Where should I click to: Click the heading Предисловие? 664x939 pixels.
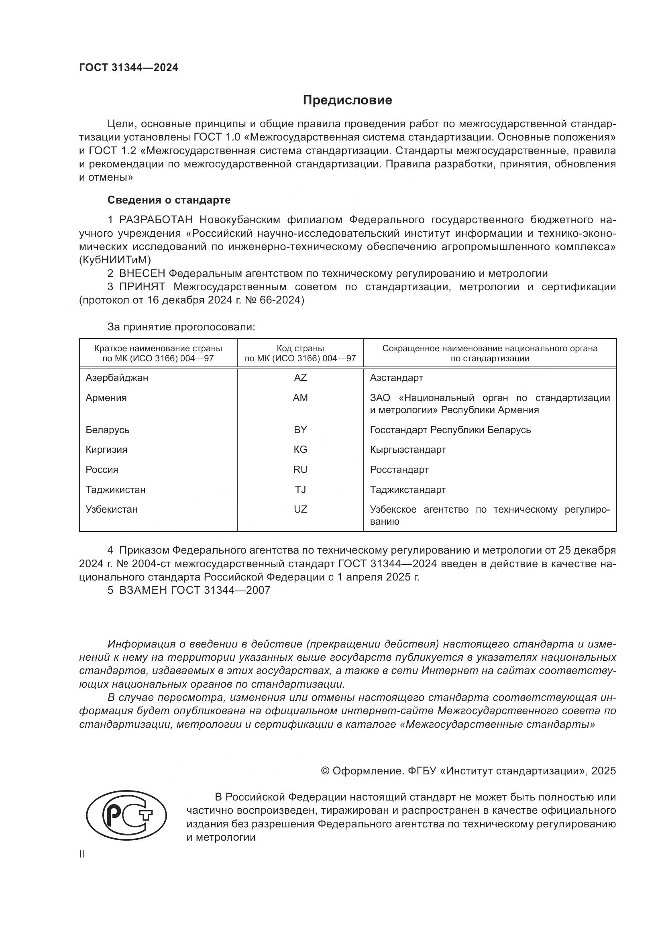coord(347,100)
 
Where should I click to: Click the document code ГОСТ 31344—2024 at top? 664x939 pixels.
coord(128,68)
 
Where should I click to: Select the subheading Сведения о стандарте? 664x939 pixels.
coord(169,200)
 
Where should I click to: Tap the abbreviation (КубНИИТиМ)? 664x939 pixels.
coord(115,260)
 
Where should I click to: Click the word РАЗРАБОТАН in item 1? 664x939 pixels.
coord(155,220)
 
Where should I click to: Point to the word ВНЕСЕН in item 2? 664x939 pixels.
coord(142,274)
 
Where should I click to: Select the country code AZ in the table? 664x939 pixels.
coord(300,378)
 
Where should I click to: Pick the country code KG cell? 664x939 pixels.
coord(300,450)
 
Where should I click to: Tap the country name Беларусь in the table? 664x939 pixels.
coord(108,430)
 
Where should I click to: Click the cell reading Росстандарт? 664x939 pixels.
coord(399,470)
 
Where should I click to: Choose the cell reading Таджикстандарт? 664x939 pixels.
coord(407,489)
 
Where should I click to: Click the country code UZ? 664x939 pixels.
coord(300,509)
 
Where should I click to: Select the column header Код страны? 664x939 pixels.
coord(300,348)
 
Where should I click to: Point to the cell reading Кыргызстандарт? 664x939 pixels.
coord(407,450)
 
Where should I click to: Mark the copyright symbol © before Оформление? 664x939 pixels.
coord(326,771)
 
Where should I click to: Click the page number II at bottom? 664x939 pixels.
coord(82,854)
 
